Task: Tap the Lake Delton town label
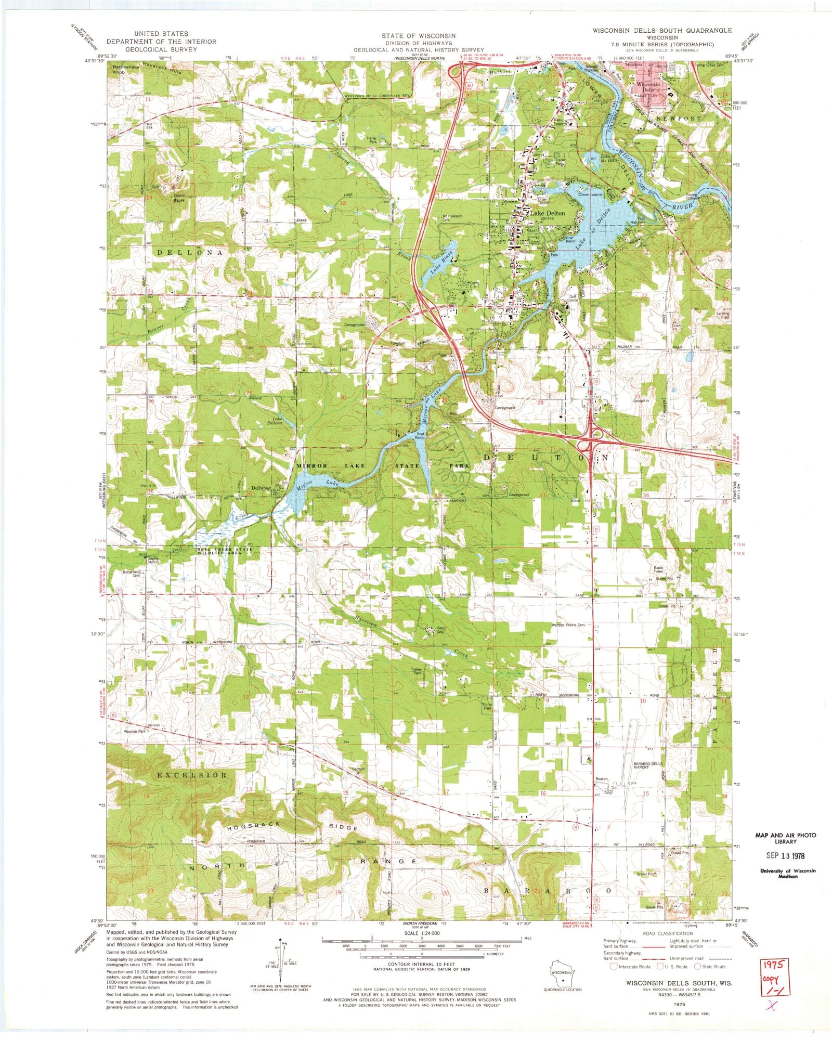tap(547, 213)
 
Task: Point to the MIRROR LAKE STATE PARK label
tap(383, 466)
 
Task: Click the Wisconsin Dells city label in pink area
tap(649, 86)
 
